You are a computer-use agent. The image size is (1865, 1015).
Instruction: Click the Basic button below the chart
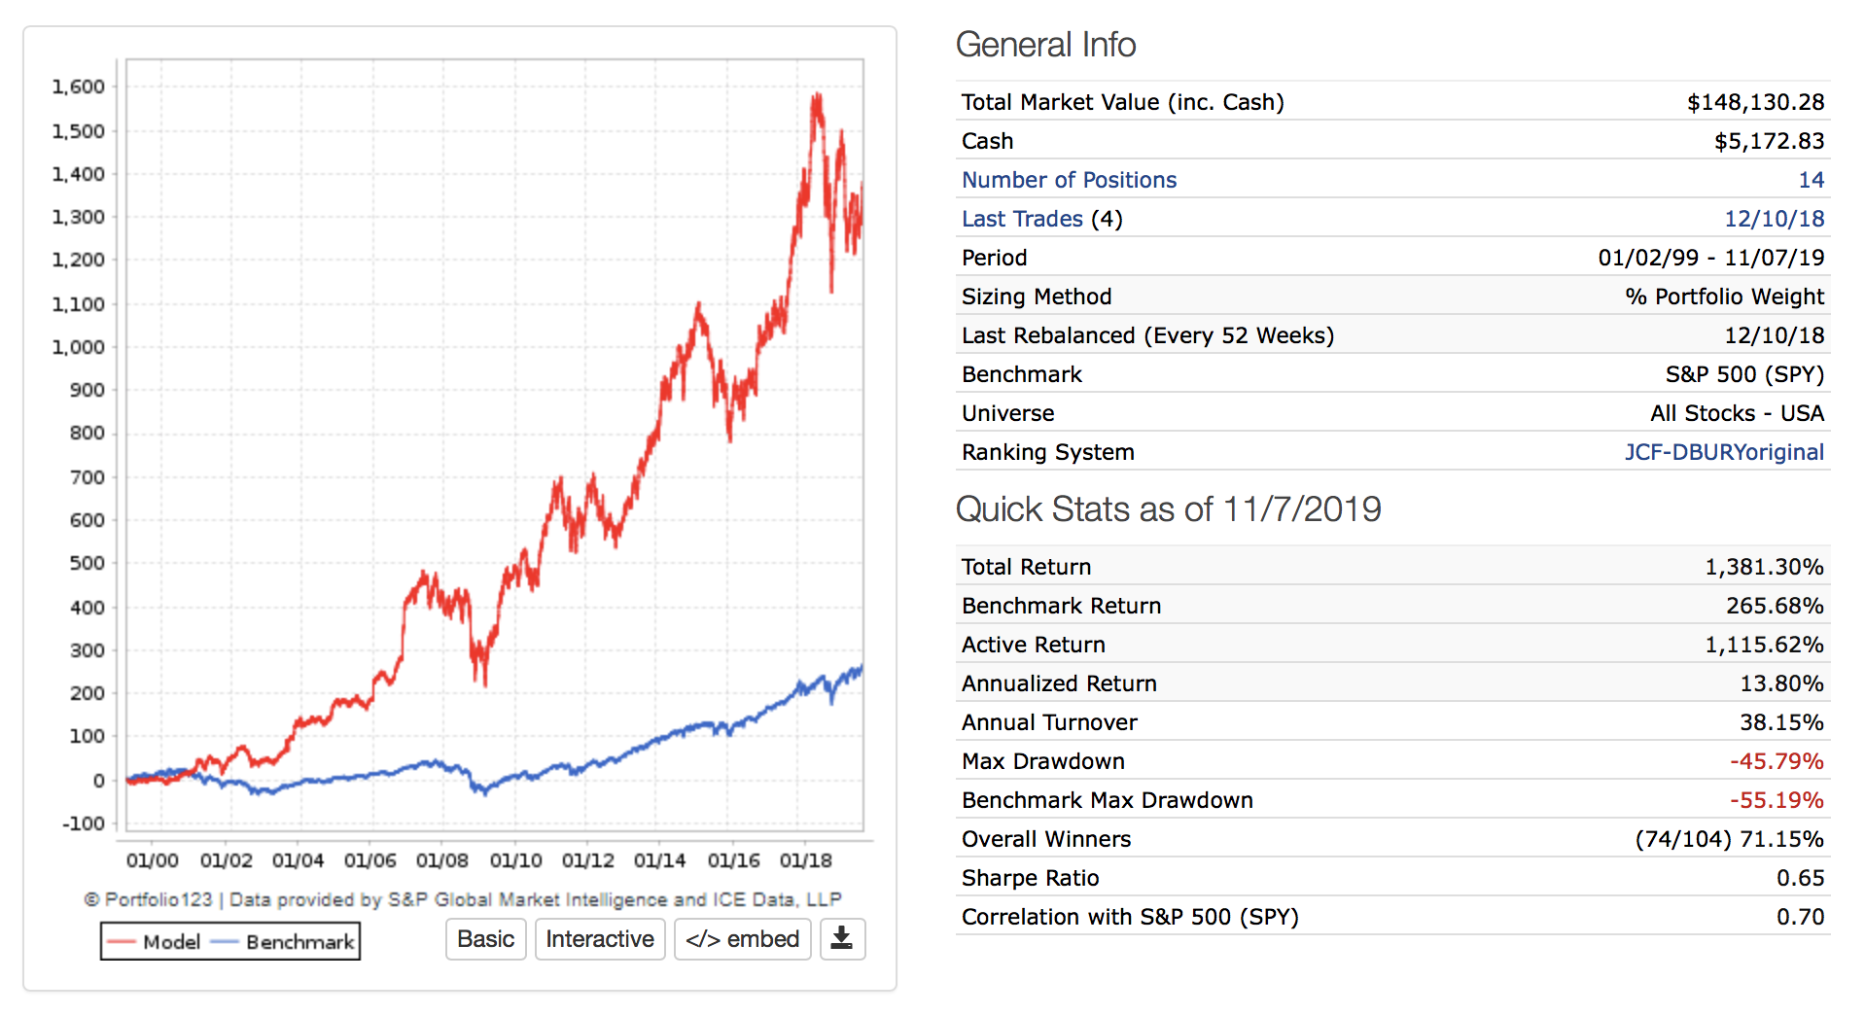(485, 939)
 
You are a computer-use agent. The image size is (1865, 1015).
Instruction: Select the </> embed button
(742, 939)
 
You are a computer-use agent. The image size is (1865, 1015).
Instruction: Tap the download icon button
(842, 939)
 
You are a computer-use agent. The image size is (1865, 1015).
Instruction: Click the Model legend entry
(155, 942)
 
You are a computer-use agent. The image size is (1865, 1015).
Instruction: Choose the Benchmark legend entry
(284, 942)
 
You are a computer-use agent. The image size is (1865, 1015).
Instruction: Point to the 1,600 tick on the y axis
(79, 87)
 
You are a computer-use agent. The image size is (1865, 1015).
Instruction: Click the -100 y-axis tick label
(84, 823)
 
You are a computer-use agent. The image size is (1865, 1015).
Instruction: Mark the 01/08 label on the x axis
(442, 860)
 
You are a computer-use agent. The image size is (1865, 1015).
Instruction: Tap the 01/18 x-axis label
(806, 860)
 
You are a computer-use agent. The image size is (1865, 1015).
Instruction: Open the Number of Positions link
(1069, 180)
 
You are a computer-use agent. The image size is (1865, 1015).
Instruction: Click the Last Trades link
(1022, 219)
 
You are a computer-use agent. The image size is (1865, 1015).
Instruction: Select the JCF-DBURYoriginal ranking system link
(1724, 452)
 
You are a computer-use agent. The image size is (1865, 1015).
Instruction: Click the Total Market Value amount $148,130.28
(1755, 102)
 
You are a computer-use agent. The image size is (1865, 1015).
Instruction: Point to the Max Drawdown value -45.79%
(1777, 761)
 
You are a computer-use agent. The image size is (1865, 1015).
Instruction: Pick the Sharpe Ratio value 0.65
(1800, 878)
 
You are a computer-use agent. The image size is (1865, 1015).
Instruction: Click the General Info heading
(1045, 45)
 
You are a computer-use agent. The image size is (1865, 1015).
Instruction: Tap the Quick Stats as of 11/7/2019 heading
(1168, 509)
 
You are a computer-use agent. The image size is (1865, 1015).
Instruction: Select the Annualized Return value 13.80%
(1781, 683)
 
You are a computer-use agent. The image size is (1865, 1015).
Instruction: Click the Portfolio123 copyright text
(463, 899)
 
